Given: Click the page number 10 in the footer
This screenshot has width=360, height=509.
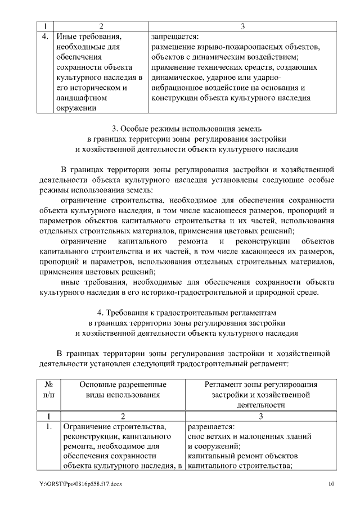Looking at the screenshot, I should (332, 484).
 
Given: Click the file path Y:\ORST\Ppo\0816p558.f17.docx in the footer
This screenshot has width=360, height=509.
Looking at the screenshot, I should (84, 484).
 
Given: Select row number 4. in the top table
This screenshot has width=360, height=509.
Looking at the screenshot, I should (45, 37).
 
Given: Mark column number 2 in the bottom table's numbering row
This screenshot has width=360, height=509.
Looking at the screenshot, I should (123, 416).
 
